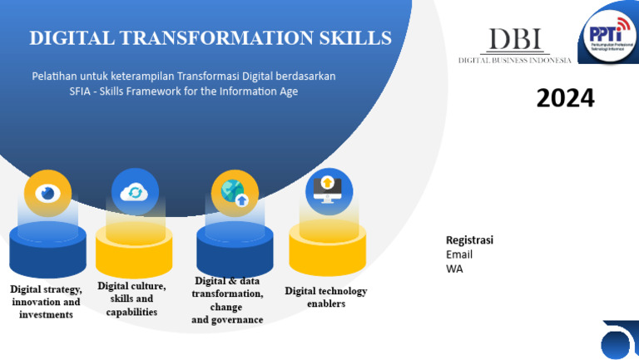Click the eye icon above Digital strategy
pyautogui.click(x=47, y=194)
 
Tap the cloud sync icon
pyautogui.click(x=135, y=192)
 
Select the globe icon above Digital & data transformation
pyautogui.click(x=235, y=193)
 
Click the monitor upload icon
pyautogui.click(x=329, y=190)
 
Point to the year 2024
pyautogui.click(x=565, y=99)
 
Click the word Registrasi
pyautogui.click(x=469, y=240)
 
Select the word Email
pyautogui.click(x=459, y=254)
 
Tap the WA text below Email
pyautogui.click(x=454, y=269)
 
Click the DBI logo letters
pyautogui.click(x=514, y=40)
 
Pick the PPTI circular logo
pyautogui.click(x=608, y=33)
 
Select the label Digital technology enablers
pyautogui.click(x=325, y=297)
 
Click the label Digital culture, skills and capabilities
pyautogui.click(x=131, y=298)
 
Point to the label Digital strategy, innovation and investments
pyautogui.click(x=47, y=302)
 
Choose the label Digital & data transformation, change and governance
pyautogui.click(x=227, y=300)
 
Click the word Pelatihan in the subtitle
pyautogui.click(x=53, y=76)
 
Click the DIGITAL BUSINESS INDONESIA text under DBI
pyautogui.click(x=514, y=60)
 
